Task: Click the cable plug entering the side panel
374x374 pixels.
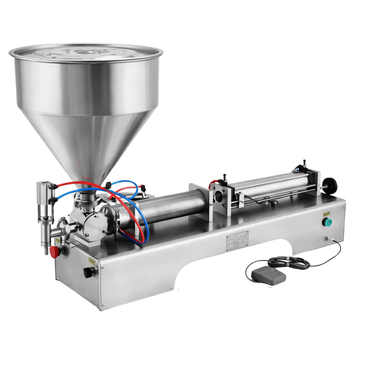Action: pos(328,239)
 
